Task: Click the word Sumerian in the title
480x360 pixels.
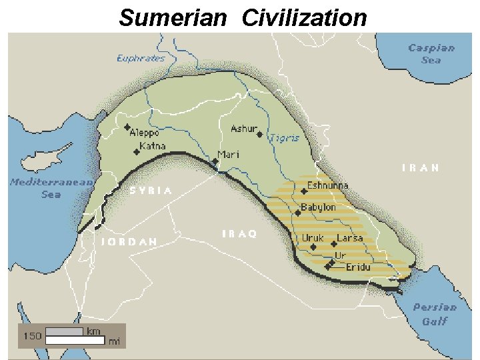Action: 173,18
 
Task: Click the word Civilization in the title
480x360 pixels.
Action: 304,18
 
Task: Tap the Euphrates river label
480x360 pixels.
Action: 141,58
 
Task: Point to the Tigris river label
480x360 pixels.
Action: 284,138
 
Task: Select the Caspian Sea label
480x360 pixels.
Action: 431,53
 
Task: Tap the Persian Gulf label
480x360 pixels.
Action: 435,314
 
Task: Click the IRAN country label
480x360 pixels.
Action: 421,168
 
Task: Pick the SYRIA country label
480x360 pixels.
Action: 151,191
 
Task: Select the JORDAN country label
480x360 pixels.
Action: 129,241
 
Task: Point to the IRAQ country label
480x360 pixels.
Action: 239,234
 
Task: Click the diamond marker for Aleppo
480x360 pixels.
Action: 127,127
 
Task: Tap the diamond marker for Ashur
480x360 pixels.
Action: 259,134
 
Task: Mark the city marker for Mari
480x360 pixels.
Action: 215,161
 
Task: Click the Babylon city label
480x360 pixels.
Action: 318,208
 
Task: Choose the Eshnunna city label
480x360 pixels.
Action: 327,186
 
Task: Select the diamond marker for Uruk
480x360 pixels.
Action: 313,246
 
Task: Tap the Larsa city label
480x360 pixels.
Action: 350,238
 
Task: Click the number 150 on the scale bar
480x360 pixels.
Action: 32,336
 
